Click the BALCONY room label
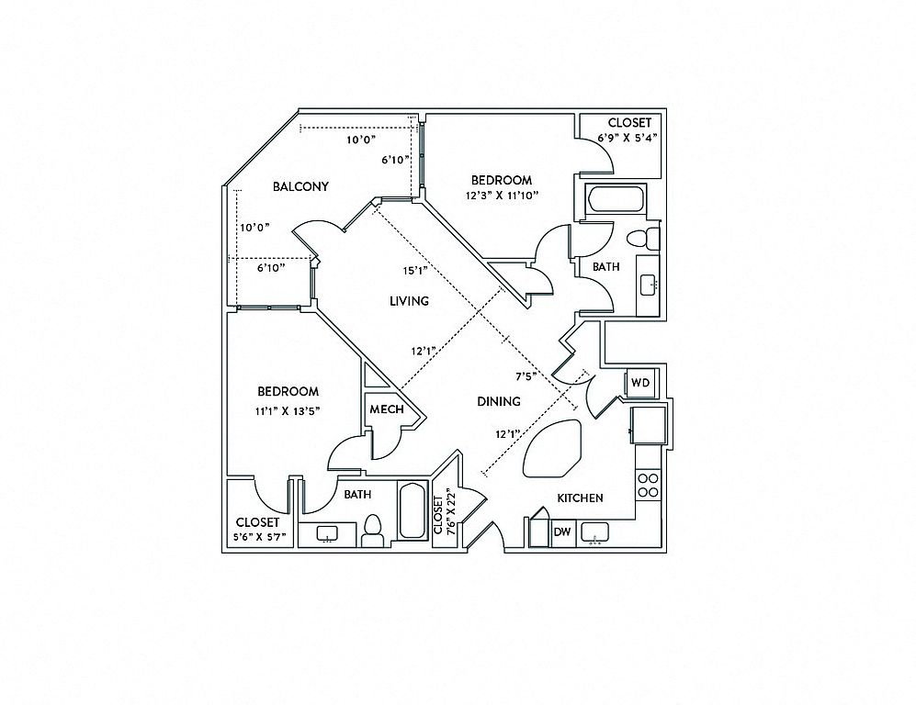tap(300, 186)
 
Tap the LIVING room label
tap(409, 301)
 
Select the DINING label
tap(499, 401)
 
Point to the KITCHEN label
tap(580, 498)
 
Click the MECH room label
tap(387, 410)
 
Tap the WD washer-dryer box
tap(640, 382)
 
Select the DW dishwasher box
tap(561, 532)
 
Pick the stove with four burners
tap(648, 485)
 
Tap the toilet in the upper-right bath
tap(641, 239)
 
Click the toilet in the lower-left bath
tap(372, 530)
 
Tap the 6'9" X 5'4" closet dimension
tap(629, 138)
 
